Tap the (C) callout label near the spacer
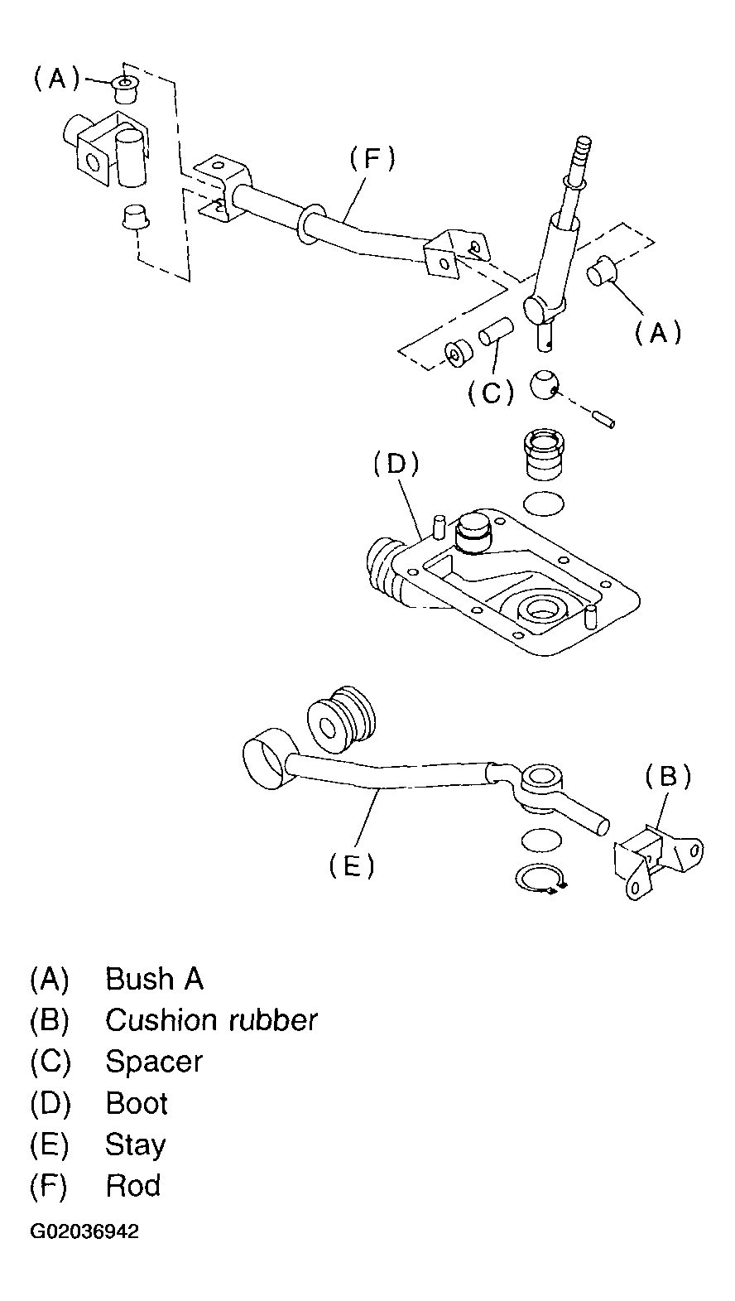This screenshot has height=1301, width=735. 492,393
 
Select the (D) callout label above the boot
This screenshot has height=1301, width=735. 396,464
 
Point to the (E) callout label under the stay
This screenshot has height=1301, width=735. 352,866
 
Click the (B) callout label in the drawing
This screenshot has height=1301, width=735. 668,777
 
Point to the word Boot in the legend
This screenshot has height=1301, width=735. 137,1103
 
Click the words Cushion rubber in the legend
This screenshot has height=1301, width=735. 211,1020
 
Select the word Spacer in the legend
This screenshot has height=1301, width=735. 154,1062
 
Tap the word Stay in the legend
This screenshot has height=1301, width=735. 136,1144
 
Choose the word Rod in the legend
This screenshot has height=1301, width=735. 133,1186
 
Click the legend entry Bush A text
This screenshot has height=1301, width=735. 154,979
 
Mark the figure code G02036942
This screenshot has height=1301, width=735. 85,1231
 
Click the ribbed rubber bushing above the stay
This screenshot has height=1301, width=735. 341,717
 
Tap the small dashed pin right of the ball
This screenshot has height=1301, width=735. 603,419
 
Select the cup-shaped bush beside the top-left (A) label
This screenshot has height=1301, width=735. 124,88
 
